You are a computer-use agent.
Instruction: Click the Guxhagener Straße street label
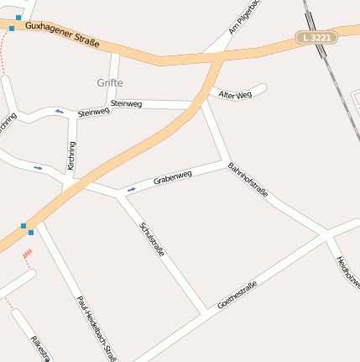62,34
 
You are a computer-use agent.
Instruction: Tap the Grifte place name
110,83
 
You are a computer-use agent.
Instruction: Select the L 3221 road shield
318,38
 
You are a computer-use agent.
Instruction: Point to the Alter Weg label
235,96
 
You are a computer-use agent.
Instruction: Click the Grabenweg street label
173,178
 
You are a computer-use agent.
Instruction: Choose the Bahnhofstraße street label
248,181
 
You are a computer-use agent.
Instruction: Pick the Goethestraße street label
237,294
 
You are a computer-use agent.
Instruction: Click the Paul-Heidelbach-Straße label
96,328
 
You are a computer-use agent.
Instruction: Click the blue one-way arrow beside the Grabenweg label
131,189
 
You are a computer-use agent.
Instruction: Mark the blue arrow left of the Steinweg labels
59,111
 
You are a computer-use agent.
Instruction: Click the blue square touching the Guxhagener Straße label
12,28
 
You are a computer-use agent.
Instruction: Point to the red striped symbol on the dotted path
28,252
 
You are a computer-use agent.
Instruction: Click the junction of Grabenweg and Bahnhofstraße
222,160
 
